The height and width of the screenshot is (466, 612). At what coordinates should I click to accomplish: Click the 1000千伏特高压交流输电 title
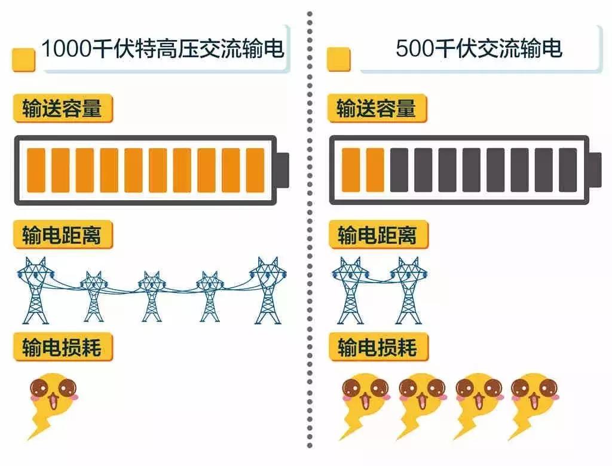[x=163, y=48]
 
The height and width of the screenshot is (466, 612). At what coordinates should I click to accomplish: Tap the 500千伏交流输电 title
[x=479, y=48]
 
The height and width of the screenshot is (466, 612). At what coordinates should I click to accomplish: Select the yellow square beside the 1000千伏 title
[x=24, y=60]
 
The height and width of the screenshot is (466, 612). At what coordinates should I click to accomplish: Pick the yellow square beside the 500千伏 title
[x=338, y=59]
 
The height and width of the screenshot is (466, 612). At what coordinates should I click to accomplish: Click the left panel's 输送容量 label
[x=63, y=108]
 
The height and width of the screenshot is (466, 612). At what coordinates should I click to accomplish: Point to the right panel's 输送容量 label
[x=377, y=108]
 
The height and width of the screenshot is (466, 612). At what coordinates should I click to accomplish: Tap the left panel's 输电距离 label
[x=63, y=235]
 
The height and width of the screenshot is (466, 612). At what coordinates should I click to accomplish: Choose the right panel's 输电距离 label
[x=378, y=235]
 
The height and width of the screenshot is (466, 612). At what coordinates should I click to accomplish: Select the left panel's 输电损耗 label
[x=63, y=347]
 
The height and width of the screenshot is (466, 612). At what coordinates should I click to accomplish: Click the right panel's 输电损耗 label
[x=378, y=347]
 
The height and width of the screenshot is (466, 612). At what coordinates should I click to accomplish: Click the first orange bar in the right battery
[x=350, y=170]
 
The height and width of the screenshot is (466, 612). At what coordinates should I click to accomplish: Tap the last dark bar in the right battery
[x=568, y=170]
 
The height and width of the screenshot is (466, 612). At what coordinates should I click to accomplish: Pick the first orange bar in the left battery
[x=36, y=170]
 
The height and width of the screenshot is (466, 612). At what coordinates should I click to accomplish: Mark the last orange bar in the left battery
[x=255, y=170]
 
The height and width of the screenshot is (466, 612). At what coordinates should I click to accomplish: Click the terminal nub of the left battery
[x=283, y=170]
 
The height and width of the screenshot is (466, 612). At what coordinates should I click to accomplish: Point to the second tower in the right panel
[x=408, y=290]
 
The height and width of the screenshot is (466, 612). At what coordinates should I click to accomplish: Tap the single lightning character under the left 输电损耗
[x=53, y=406]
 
